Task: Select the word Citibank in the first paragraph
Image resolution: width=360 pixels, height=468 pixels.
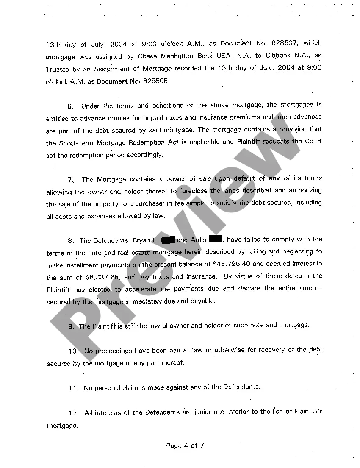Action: [x=279, y=56]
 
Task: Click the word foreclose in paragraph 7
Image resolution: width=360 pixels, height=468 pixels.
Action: [x=194, y=191]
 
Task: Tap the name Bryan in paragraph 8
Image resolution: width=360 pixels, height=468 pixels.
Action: [x=141, y=240]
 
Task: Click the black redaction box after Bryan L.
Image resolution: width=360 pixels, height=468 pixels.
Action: [x=168, y=240]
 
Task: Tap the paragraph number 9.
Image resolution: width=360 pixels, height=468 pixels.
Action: [x=71, y=326]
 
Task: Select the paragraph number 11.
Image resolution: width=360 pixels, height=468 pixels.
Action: [x=73, y=387]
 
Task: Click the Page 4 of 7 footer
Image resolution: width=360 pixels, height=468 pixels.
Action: [x=185, y=446]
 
